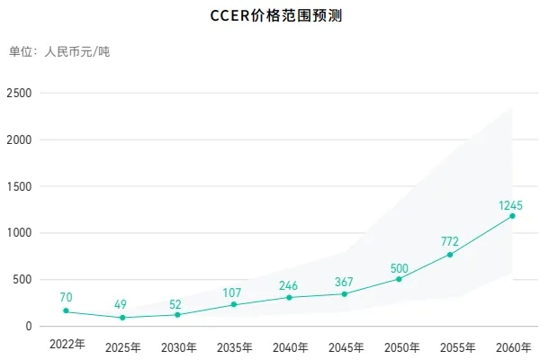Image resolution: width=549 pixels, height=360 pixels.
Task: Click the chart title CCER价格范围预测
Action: tap(274, 16)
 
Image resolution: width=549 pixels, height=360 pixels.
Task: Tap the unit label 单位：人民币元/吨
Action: tap(59, 51)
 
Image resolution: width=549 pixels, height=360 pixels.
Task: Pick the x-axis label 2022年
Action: tap(67, 345)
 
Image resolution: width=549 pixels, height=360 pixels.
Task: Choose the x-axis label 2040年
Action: tap(290, 346)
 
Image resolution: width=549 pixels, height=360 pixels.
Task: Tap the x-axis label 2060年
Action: tap(513, 346)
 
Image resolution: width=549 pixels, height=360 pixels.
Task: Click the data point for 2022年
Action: tap(67, 311)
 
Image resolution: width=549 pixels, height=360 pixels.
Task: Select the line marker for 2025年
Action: tap(122, 318)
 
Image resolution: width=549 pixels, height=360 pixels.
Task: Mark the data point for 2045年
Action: tap(345, 294)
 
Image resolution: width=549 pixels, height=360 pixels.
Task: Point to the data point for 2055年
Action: tap(450, 255)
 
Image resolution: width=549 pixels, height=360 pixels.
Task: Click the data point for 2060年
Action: tap(512, 216)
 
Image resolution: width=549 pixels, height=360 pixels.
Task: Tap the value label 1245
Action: tap(511, 205)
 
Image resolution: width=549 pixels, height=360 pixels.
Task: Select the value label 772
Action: tap(450, 242)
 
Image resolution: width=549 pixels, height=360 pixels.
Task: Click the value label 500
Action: tap(400, 267)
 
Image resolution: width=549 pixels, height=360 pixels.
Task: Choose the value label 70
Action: tap(67, 297)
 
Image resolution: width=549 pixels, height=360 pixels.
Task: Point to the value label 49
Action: tap(122, 303)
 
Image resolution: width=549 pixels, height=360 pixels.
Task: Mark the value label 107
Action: tap(234, 292)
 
